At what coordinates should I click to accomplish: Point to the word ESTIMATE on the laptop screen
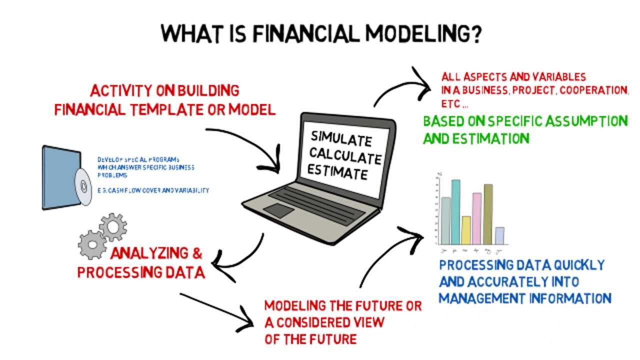[337, 173]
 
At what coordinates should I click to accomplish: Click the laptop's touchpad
[278, 210]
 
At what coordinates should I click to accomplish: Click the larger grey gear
[92, 243]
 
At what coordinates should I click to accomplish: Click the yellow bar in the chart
[466, 229]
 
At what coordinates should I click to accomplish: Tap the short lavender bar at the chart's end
[499, 235]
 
